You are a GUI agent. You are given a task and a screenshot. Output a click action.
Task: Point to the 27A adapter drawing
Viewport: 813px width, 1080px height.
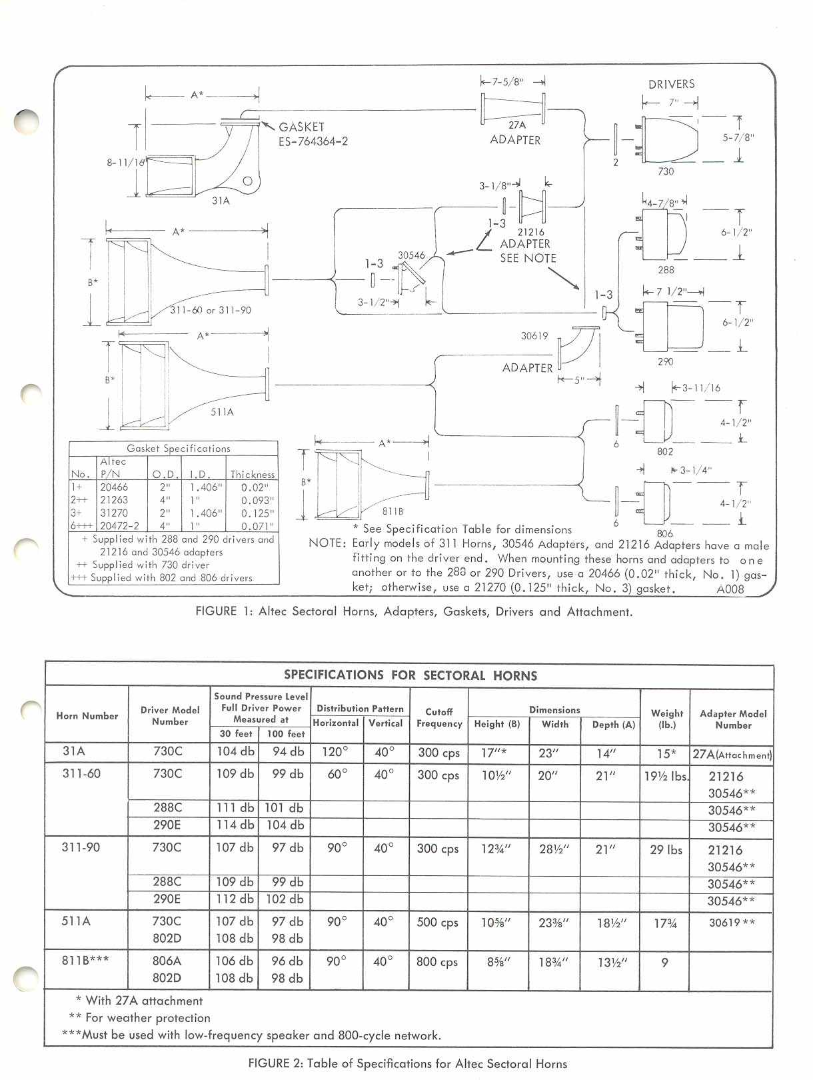point(512,109)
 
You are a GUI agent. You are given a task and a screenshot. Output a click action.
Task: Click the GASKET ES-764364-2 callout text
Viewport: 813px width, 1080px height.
point(313,133)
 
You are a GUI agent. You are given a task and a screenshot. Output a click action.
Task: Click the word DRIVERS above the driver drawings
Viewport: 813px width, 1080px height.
point(671,84)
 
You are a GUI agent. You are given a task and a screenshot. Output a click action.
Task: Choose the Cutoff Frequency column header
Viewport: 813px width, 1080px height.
point(438,717)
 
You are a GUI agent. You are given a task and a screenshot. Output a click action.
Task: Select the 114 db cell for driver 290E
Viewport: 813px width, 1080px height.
point(235,825)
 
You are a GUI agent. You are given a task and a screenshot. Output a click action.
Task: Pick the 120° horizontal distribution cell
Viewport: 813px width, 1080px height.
point(336,752)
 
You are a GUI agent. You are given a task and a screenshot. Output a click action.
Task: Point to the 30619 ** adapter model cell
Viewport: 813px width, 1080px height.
point(732,922)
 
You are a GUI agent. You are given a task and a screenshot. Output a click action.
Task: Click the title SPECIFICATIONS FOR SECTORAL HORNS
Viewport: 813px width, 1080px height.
point(410,675)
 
